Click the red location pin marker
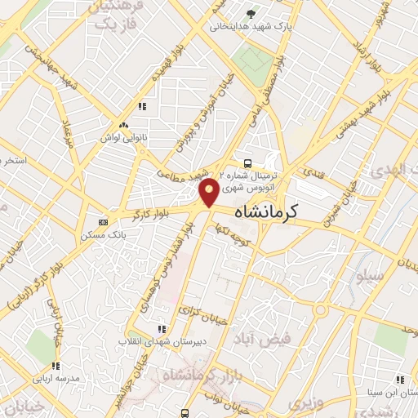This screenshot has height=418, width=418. pos(209,193)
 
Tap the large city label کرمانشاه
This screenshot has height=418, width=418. pos(266,211)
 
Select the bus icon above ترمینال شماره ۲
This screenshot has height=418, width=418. pos(247,162)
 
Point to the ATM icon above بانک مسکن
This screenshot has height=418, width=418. pos(103,221)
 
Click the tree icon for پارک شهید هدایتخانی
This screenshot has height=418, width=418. pos(251,14)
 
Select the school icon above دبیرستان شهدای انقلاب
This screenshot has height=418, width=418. pos(161,328)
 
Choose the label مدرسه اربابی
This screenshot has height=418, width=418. pos(55,380)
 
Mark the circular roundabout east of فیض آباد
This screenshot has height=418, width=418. pos(322,309)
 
